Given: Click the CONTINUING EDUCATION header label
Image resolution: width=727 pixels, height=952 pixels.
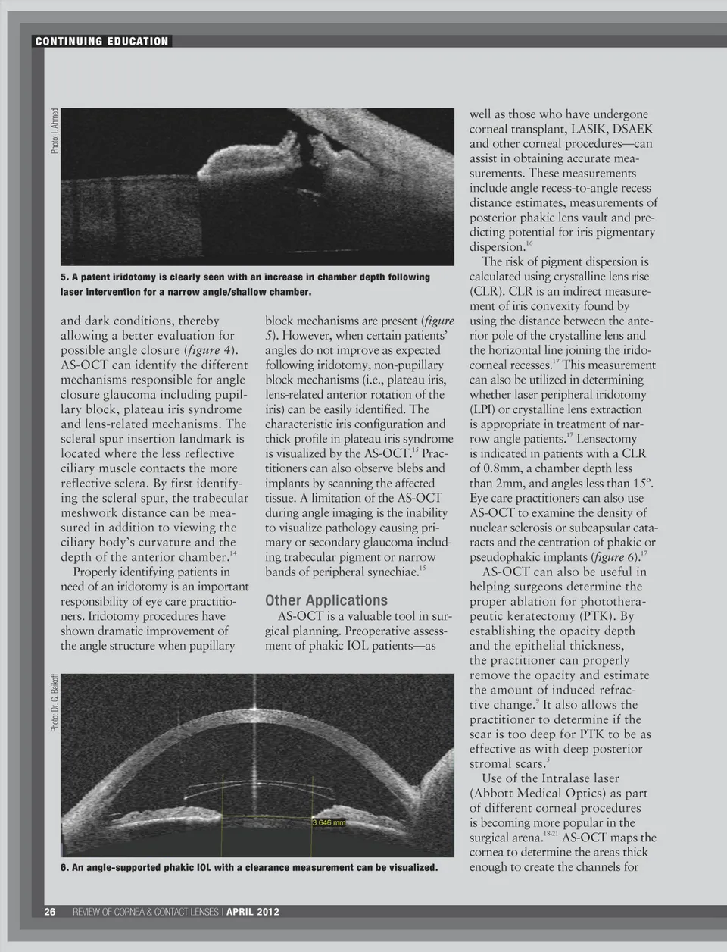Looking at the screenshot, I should click(x=101, y=41).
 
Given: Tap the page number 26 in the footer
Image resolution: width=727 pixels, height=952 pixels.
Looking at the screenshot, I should click(x=49, y=911).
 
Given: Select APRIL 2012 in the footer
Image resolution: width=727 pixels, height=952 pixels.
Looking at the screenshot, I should click(x=253, y=911).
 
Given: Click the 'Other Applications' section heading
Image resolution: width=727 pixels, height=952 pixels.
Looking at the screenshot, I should click(x=326, y=600).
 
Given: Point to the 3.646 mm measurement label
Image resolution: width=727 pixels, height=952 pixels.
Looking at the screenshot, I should click(x=329, y=822).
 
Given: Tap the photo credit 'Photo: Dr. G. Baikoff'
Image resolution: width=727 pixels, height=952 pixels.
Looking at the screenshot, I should click(x=55, y=701).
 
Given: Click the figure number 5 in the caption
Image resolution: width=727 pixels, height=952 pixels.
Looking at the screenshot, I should click(x=64, y=277).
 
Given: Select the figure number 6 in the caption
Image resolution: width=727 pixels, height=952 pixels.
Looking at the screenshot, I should click(x=64, y=867).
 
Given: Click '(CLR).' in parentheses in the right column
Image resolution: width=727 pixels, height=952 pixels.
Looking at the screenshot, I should click(x=487, y=292).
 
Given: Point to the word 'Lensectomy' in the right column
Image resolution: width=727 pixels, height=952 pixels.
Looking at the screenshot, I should click(x=606, y=439).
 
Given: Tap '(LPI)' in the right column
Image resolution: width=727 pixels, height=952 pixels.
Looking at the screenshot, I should click(x=484, y=409).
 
